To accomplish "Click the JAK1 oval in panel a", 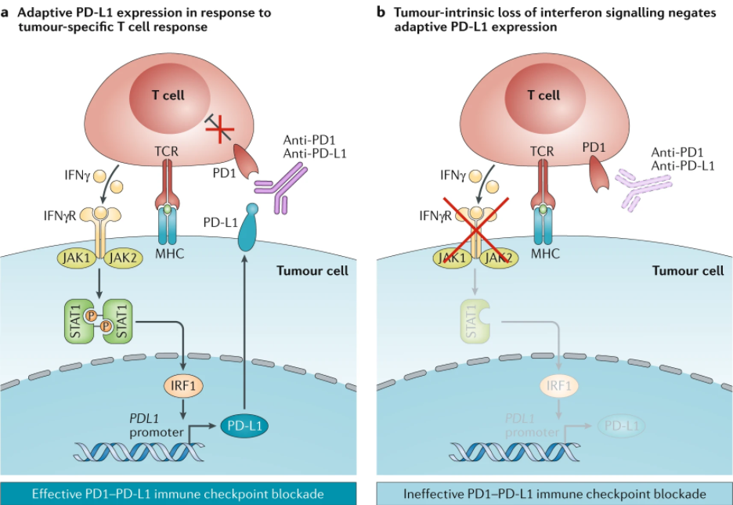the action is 77,258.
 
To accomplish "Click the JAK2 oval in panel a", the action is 123,258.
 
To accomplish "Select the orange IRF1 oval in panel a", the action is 183,386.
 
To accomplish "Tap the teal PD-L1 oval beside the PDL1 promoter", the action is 244,426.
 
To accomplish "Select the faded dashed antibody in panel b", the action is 643,188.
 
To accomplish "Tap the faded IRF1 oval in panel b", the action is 559,386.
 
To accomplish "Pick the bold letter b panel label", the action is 381,12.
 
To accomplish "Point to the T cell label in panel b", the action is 543,96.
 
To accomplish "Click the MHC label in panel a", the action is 170,254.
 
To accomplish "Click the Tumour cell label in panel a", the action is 312,271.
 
